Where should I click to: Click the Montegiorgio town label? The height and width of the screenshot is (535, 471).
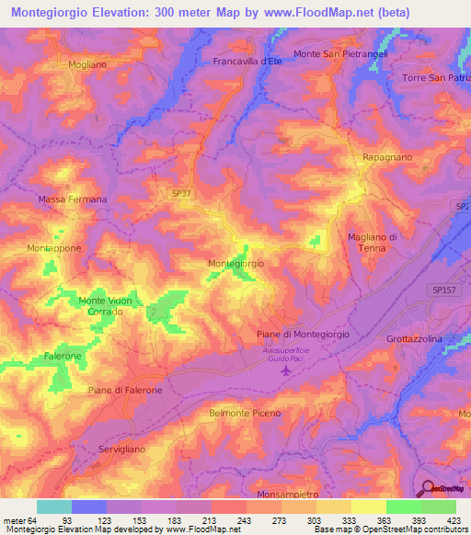236,264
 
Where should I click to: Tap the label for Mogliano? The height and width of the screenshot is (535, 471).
87,65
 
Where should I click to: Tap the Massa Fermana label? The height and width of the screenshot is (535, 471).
73,199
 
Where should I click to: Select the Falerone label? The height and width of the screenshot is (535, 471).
63,356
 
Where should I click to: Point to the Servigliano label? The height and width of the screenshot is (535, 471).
123,449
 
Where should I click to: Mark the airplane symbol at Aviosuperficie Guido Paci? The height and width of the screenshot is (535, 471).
284,370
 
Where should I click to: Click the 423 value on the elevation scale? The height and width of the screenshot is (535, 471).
455,520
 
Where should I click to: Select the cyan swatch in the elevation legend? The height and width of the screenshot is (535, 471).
54,507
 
